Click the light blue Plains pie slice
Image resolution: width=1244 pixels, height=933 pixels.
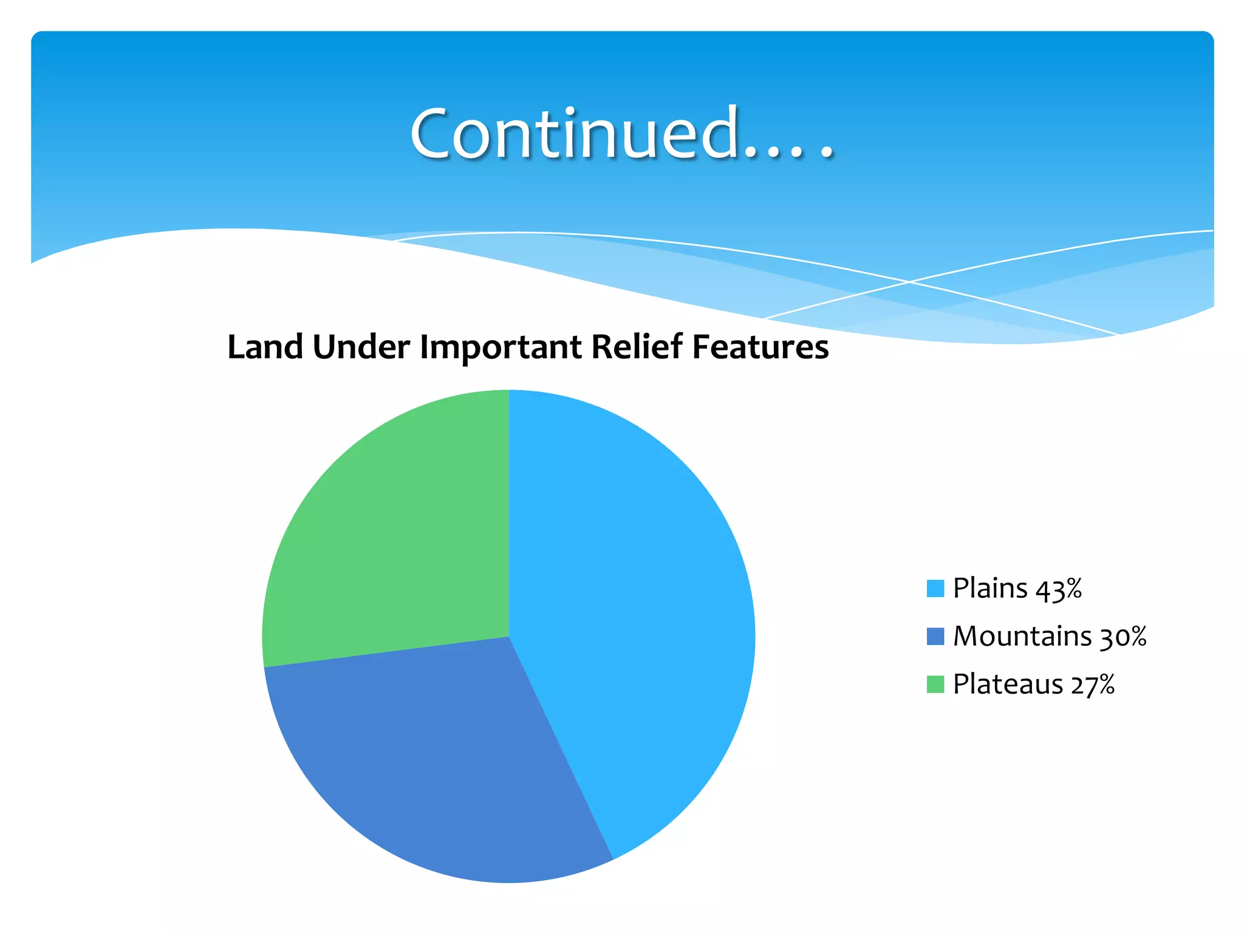click(632, 607)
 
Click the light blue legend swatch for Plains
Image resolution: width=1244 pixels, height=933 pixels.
click(935, 589)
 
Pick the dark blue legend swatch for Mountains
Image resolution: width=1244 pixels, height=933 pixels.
click(935, 637)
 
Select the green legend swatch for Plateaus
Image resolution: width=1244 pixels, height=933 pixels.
click(935, 684)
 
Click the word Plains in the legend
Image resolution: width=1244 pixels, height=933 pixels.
click(990, 588)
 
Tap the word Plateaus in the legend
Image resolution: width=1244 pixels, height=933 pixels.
click(1008, 684)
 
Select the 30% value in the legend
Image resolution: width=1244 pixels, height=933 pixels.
click(1123, 637)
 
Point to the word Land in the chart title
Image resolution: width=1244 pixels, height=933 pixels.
click(265, 347)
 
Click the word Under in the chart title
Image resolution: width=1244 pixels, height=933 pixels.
click(361, 347)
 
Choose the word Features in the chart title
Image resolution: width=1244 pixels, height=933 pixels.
click(760, 347)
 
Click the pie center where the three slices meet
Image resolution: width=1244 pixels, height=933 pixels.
click(509, 637)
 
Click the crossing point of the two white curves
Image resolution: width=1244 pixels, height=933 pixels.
click(909, 282)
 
